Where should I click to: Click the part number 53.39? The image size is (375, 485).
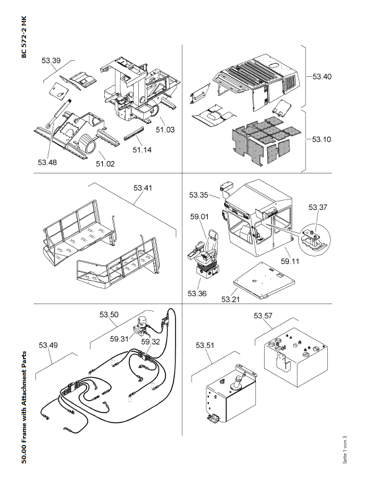point(51,61)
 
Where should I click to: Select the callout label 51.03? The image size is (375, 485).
point(165,129)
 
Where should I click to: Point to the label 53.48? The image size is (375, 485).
point(46,162)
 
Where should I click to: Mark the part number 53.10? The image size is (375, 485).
point(322,139)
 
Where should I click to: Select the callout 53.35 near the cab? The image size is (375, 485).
point(199,194)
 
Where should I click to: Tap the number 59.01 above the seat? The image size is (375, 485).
point(199,217)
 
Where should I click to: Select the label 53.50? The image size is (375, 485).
point(109,315)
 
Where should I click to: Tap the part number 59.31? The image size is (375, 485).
point(119,339)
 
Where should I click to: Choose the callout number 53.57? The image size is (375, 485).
point(263,316)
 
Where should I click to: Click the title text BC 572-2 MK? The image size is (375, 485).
point(24,37)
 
